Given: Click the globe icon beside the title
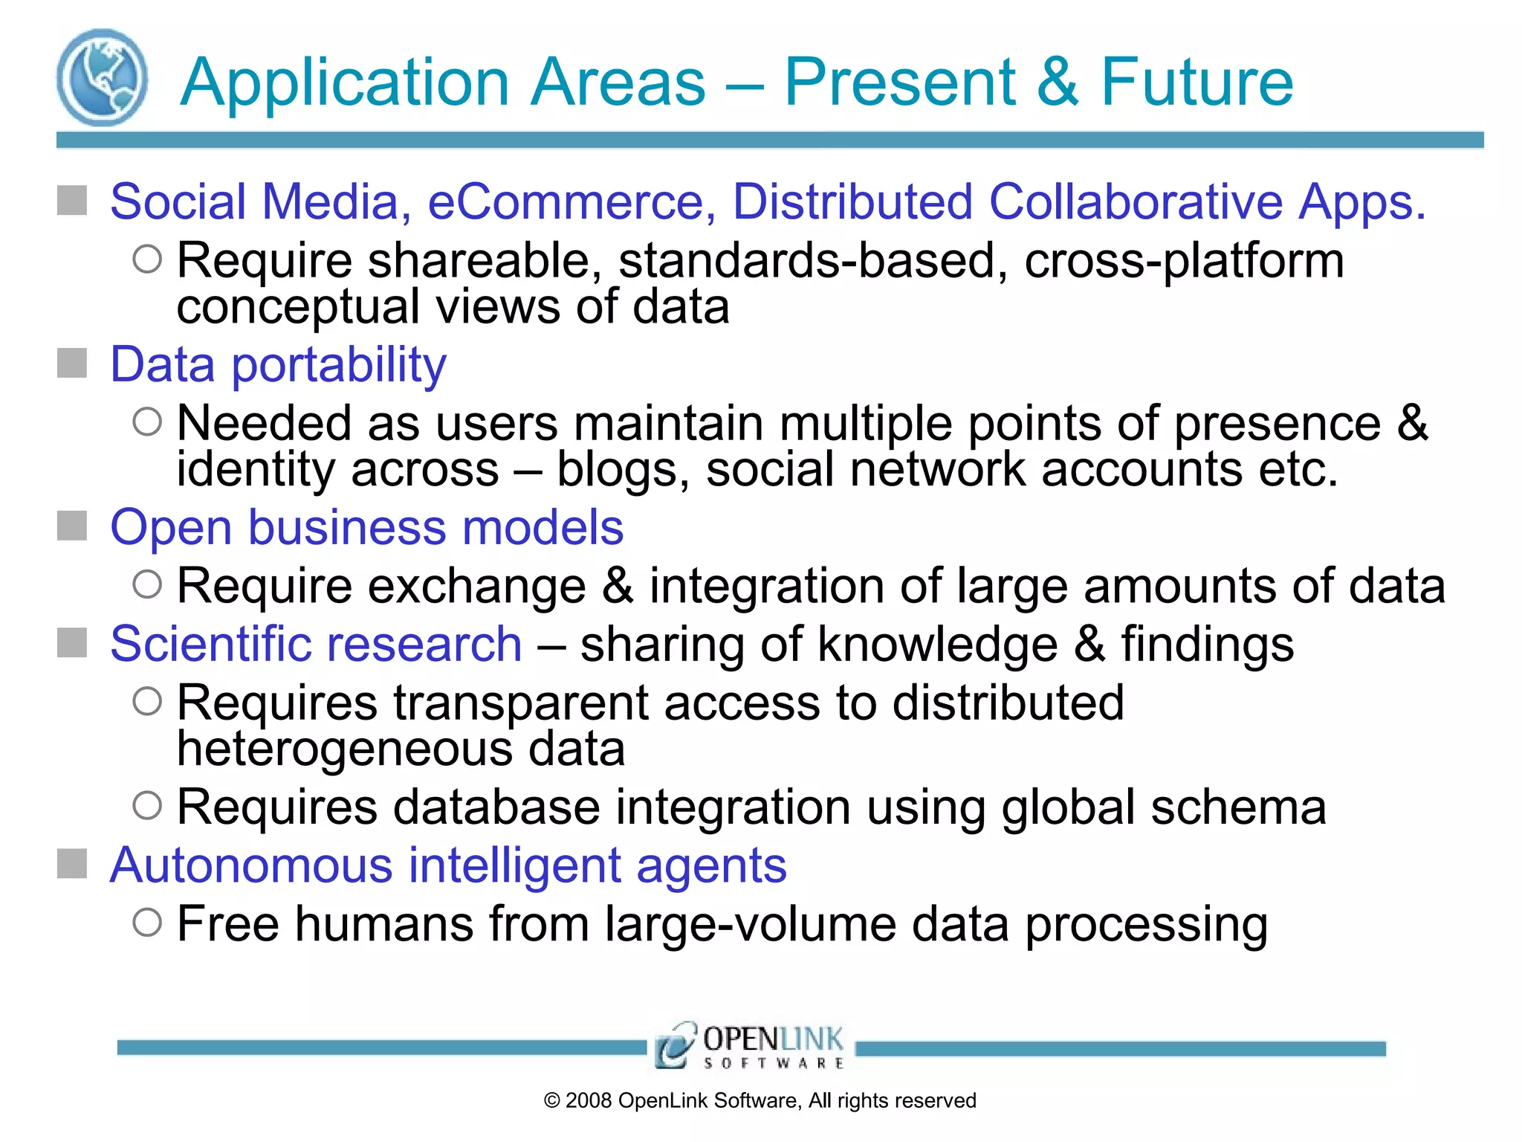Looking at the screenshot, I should (x=102, y=78).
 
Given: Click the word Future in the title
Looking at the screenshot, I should (x=1196, y=82).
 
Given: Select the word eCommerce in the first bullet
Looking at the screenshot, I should (x=571, y=201).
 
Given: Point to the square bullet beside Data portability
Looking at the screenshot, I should (x=72, y=364).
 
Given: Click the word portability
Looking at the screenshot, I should (x=339, y=365).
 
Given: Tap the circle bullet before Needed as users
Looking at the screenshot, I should (x=147, y=422).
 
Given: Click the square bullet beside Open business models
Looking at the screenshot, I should (x=72, y=526).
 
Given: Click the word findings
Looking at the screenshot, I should (x=1208, y=644).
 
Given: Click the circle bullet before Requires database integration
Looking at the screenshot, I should (x=147, y=805).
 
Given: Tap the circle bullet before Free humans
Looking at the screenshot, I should (x=147, y=923).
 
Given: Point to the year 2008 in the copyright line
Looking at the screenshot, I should (x=589, y=1100).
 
